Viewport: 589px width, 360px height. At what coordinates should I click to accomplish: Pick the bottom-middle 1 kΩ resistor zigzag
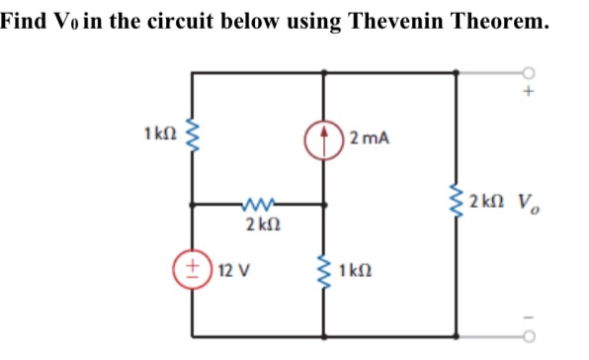point(324,270)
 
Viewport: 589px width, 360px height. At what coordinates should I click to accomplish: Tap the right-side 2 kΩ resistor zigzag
point(457,204)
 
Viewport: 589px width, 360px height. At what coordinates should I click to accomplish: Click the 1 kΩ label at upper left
point(160,132)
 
